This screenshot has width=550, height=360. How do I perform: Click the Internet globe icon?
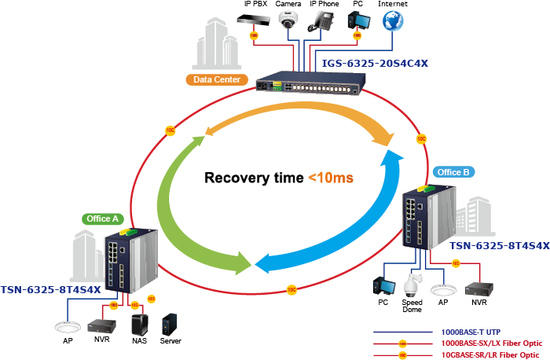point(393,21)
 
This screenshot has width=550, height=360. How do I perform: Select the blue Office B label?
point(453,171)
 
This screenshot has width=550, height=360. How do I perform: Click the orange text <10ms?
point(330,178)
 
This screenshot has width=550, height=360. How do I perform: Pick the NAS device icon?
point(140,325)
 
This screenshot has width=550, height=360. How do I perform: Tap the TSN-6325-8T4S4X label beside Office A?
point(51,290)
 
